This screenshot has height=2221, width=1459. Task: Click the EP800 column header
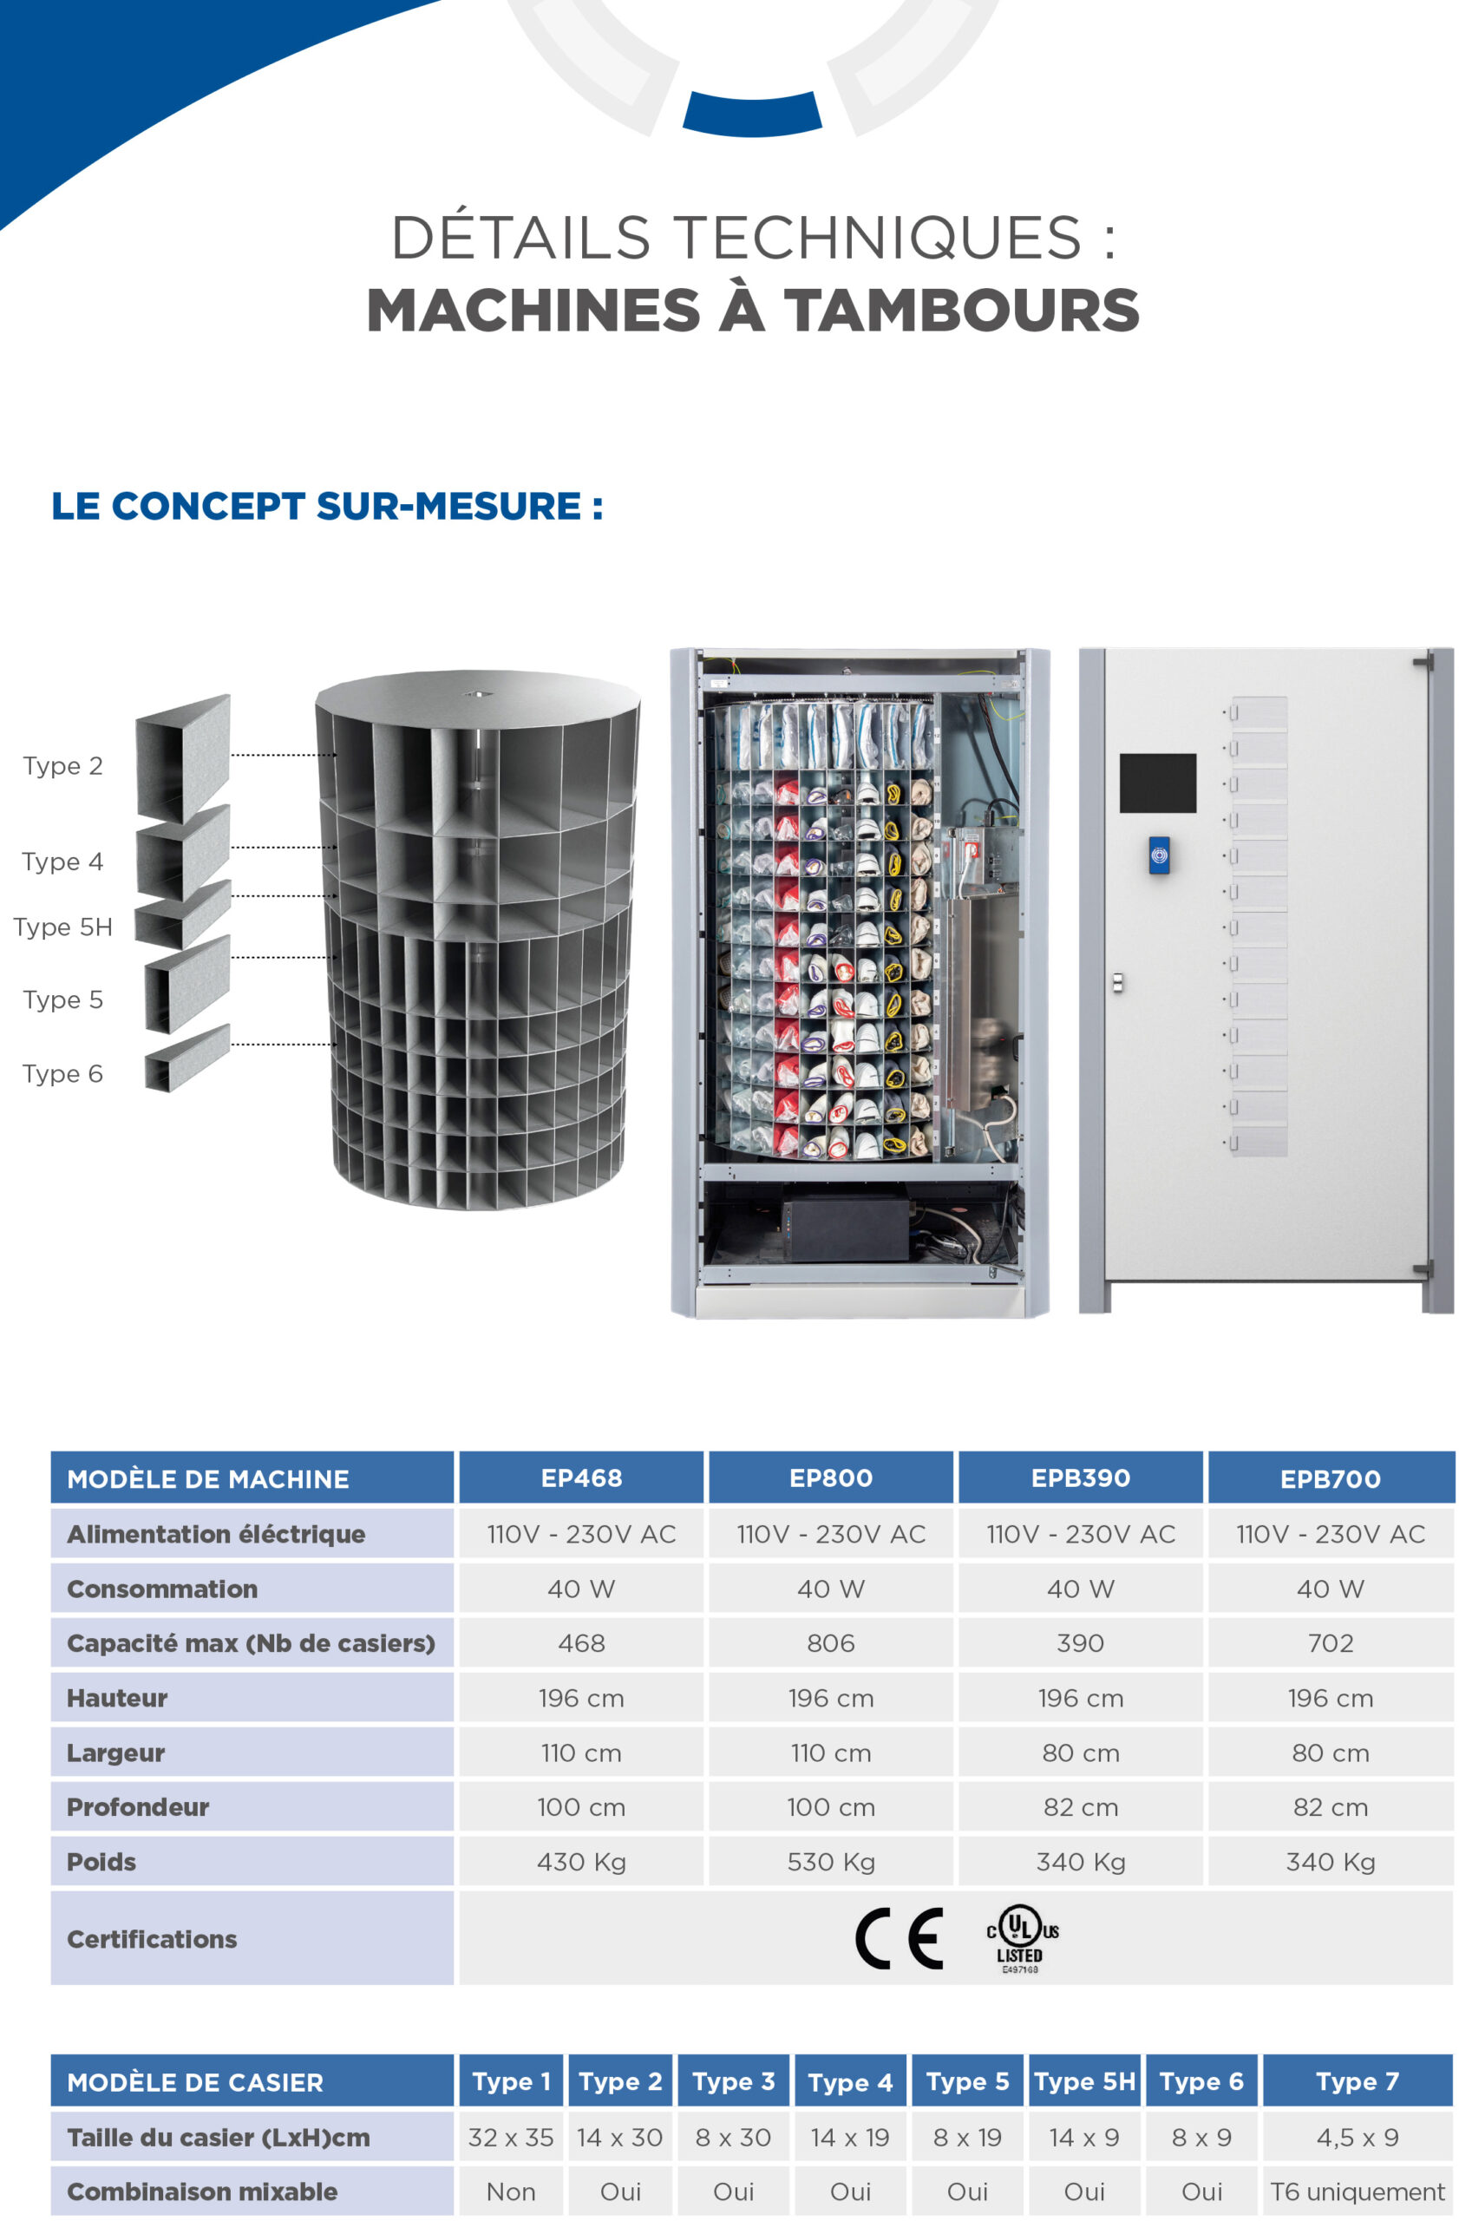pyautogui.click(x=830, y=1477)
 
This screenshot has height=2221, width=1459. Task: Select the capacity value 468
pyautogui.click(x=581, y=1642)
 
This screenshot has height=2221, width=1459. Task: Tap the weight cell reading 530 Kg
pyautogui.click(x=830, y=1862)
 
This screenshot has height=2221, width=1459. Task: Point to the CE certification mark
pyautogui.click(x=900, y=1938)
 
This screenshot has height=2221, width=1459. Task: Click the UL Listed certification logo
pyautogui.click(x=1022, y=1939)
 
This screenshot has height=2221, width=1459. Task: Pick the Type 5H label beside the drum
pyautogui.click(x=62, y=927)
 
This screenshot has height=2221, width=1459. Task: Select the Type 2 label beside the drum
pyautogui.click(x=62, y=765)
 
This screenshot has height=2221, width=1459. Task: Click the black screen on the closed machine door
pyautogui.click(x=1157, y=782)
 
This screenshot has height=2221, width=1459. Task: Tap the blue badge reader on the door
pyautogui.click(x=1159, y=855)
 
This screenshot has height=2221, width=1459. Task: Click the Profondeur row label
pyautogui.click(x=138, y=1806)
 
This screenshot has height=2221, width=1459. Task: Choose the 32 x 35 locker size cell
pyautogui.click(x=510, y=2137)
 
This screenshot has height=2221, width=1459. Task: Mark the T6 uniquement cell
pyautogui.click(x=1358, y=2192)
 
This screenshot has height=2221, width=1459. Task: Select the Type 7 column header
pyautogui.click(x=1358, y=2081)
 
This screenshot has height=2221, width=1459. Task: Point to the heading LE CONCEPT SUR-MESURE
pyautogui.click(x=326, y=506)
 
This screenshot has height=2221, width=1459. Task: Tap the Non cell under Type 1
pyautogui.click(x=510, y=2192)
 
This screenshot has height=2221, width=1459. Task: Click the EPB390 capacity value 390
pyautogui.click(x=1080, y=1642)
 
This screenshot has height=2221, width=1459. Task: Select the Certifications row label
pyautogui.click(x=152, y=1938)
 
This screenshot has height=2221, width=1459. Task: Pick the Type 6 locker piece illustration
pyautogui.click(x=187, y=1058)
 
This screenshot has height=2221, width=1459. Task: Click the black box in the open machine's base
pyautogui.click(x=844, y=1226)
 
